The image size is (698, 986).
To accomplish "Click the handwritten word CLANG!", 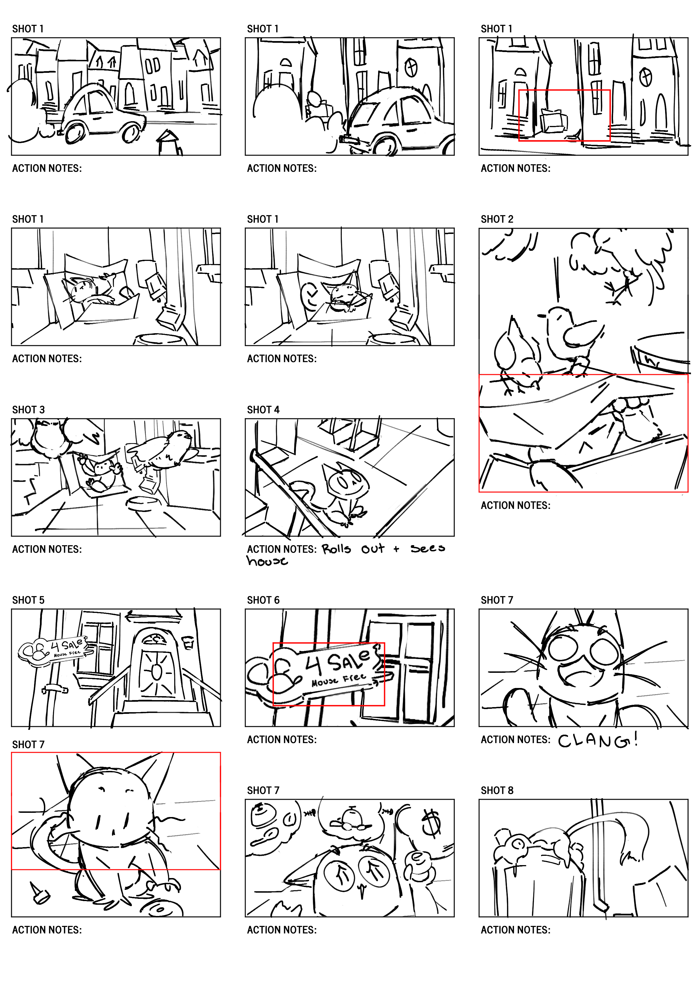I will pyautogui.click(x=598, y=740).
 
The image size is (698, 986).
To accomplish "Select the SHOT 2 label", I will pyautogui.click(x=497, y=219).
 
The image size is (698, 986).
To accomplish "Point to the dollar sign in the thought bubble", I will pyautogui.click(x=431, y=822).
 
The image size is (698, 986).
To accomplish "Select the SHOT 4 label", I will pyautogui.click(x=263, y=410).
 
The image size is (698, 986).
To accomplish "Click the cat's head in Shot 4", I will pyautogui.click(x=347, y=482).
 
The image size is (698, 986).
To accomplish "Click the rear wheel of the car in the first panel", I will pyautogui.click(x=73, y=132).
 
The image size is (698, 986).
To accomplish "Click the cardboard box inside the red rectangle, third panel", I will pyautogui.click(x=552, y=121).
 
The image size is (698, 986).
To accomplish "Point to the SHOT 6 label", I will pyautogui.click(x=263, y=600).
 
